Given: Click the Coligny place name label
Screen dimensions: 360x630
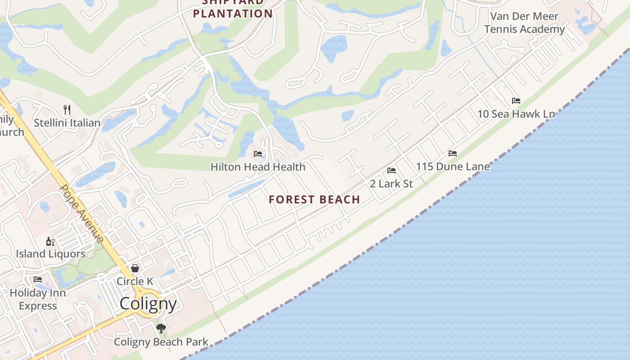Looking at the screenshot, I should [x=148, y=304].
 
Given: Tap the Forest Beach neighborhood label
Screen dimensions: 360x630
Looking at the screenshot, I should [x=315, y=199].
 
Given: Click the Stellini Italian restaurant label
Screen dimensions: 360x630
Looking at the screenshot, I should [x=67, y=123].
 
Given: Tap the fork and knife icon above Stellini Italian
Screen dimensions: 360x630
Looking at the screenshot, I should [x=67, y=109].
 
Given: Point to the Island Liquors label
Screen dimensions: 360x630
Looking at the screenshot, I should [x=50, y=254].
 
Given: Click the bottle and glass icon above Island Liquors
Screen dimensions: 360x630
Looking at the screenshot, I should [x=50, y=242].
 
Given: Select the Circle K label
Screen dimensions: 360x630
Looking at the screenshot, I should [x=135, y=281].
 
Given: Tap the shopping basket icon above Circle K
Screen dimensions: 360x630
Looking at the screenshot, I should [x=135, y=268].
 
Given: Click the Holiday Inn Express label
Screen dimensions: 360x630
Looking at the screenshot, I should [x=38, y=299].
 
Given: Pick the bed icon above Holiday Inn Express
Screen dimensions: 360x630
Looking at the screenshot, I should [x=38, y=279].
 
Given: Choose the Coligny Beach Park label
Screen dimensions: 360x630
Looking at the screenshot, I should [x=161, y=342].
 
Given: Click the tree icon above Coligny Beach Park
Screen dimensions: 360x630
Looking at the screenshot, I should [x=161, y=328].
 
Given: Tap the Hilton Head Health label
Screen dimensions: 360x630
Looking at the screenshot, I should [x=258, y=167].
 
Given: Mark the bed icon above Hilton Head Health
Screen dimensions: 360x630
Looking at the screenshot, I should [x=258, y=154].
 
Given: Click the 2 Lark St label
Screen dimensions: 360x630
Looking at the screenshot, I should [x=391, y=184].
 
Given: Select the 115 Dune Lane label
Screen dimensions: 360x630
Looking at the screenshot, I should [x=453, y=166].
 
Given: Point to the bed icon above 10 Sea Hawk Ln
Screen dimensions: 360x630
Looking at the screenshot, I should [x=516, y=101].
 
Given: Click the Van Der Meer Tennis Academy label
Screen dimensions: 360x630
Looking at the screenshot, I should [x=524, y=23].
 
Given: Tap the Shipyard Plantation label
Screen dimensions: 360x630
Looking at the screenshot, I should [x=233, y=9].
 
